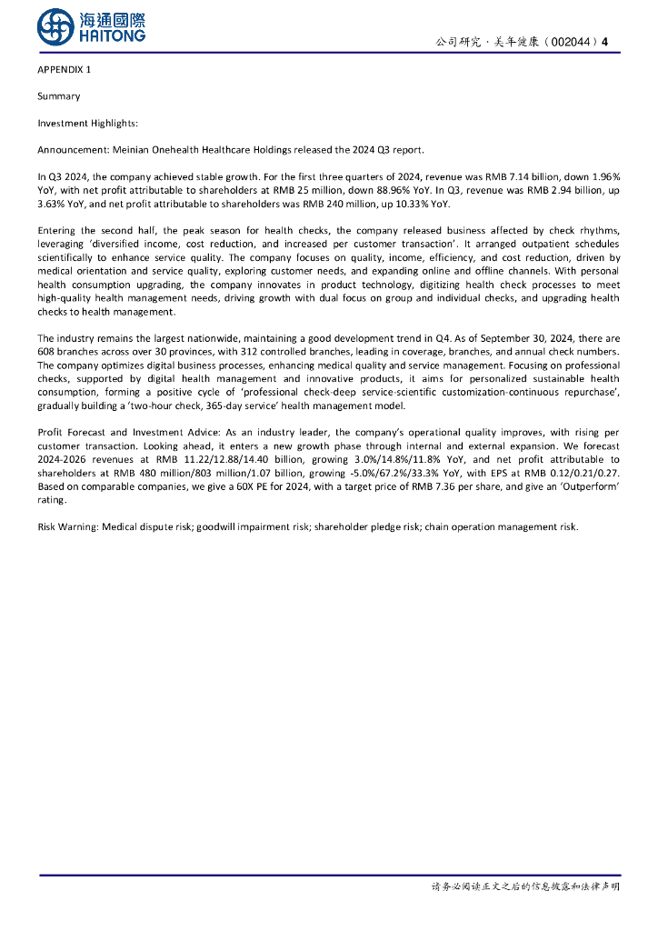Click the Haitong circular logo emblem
[x=55, y=26]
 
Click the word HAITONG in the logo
[x=113, y=35]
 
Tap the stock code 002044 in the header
[x=570, y=42]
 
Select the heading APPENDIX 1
[x=65, y=70]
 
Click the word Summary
[x=59, y=96]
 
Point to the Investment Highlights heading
[x=88, y=123]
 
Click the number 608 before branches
[x=48, y=351]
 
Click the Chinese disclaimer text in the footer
[x=524, y=886]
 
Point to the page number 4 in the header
[x=605, y=42]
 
